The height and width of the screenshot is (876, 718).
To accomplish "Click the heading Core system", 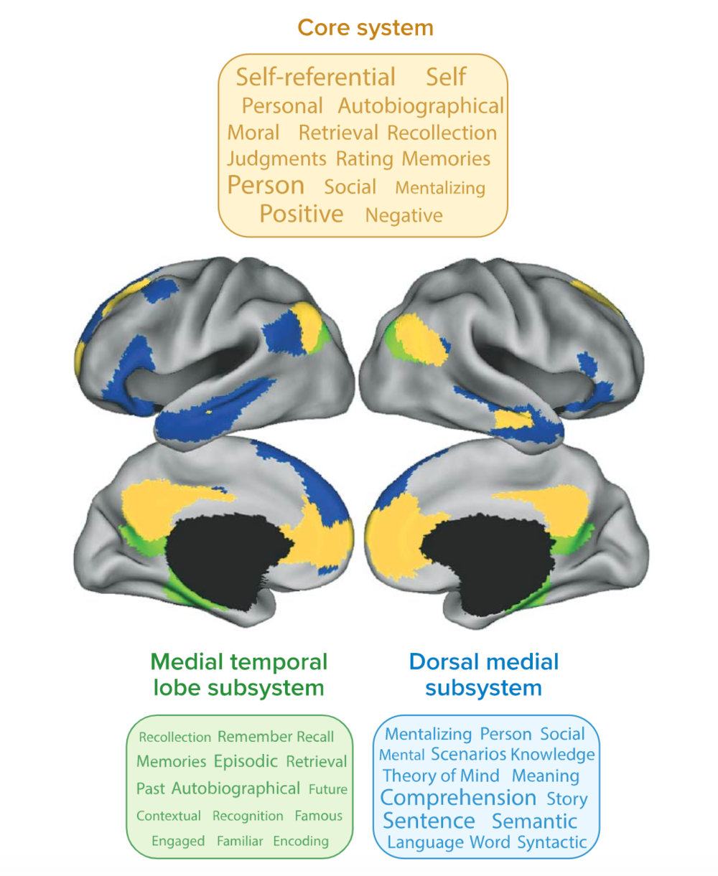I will point(365,29).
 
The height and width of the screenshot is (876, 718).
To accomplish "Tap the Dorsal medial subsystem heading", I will point(483,674).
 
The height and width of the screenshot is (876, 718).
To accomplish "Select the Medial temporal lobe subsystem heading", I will point(239,674).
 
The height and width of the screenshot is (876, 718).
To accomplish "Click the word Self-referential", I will point(316,77).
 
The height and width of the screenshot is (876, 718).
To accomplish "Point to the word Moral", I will point(253,133).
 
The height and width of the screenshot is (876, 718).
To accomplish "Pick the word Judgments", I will point(276,159).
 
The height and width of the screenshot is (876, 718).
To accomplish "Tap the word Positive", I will point(302,214).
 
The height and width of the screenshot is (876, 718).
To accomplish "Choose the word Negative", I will point(404,215).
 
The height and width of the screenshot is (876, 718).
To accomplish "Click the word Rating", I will point(365,159).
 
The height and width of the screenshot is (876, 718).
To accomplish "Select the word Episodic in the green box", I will point(246,761).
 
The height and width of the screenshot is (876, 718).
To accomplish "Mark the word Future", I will point(328,789).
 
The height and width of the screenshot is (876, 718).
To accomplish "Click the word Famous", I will point(319,816).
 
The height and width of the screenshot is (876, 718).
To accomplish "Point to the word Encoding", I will point(301,841).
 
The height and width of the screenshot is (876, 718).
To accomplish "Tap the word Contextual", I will point(169,816).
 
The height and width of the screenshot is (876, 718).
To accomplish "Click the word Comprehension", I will point(458,798).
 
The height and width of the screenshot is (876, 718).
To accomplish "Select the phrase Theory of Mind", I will point(441,776).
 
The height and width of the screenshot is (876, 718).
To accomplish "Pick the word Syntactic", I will point(552,842).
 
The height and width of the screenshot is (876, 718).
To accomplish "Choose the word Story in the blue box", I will point(567,799).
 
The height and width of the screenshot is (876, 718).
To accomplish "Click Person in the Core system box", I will point(266,185).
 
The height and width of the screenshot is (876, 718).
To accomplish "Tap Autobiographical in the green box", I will point(236,788).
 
